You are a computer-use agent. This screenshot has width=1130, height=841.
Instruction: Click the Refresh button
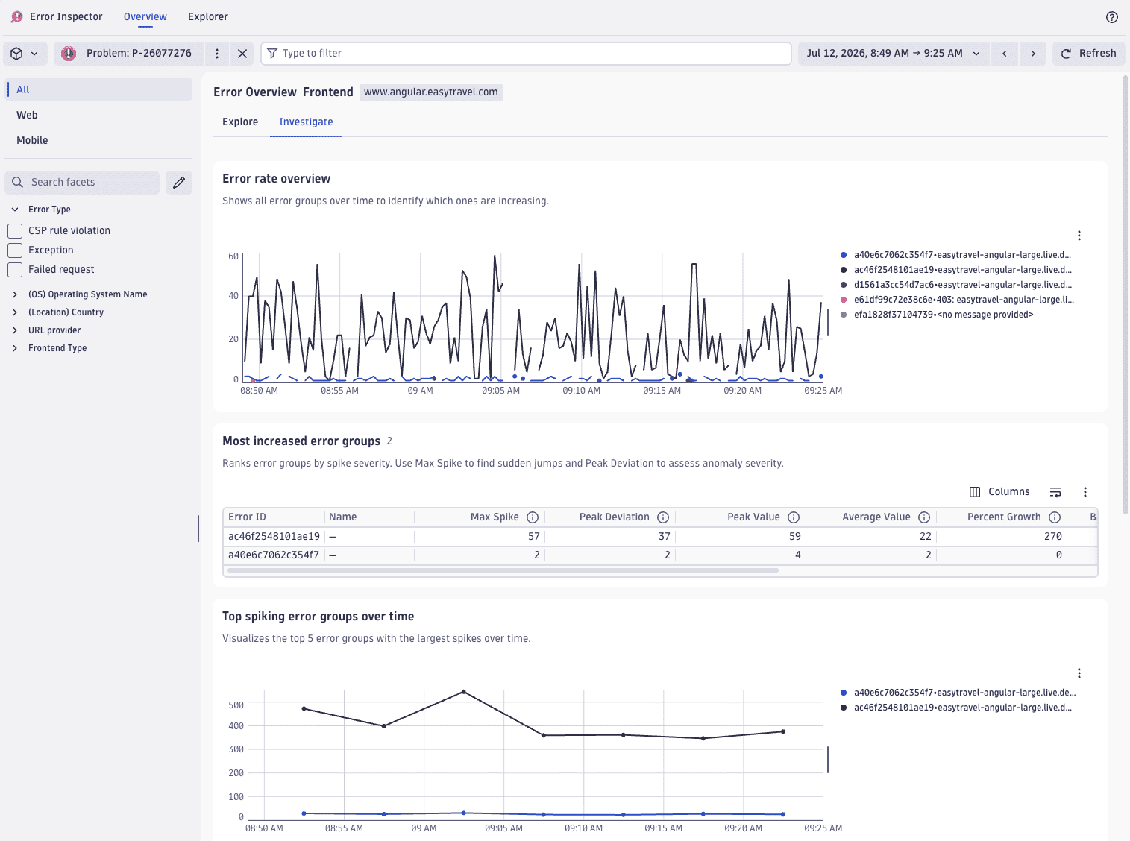point(1088,54)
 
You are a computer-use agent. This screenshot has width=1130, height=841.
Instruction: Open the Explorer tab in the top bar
point(208,17)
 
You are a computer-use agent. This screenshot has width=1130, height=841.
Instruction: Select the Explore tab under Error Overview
point(240,122)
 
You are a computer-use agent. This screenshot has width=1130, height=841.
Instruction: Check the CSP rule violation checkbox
point(15,230)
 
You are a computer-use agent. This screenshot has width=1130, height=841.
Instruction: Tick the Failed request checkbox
point(15,269)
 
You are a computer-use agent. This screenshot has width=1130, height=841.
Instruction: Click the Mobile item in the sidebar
point(32,141)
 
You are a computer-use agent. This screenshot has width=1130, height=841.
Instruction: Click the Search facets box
point(82,183)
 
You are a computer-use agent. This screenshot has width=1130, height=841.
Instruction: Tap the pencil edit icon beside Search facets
point(179,183)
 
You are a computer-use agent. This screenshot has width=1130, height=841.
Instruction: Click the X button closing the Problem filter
point(242,54)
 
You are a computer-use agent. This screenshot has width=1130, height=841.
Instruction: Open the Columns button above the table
point(999,491)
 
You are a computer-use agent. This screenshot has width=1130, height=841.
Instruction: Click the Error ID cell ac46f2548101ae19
point(274,536)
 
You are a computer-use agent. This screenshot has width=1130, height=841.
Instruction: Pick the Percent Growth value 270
point(1053,536)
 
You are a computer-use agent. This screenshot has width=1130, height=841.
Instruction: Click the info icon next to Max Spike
point(533,517)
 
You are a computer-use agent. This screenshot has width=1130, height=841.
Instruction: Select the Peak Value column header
point(753,517)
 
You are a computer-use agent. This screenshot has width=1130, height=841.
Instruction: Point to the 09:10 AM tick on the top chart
point(581,391)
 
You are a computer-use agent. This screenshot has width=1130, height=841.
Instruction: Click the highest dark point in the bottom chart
point(464,692)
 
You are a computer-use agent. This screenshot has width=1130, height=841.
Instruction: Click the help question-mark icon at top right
point(1111,17)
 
